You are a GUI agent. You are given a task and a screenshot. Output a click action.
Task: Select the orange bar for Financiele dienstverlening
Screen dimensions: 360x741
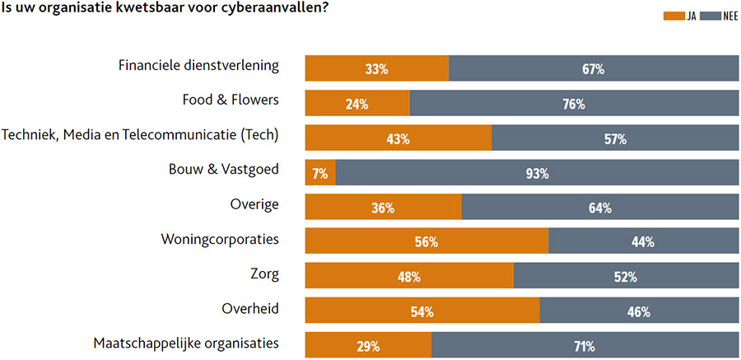pyautogui.click(x=376, y=69)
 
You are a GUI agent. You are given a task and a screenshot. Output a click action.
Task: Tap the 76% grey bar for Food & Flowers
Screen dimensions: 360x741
pyautogui.click(x=574, y=104)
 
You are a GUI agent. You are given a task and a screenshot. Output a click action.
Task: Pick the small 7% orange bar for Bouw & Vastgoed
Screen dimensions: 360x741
pyautogui.click(x=320, y=173)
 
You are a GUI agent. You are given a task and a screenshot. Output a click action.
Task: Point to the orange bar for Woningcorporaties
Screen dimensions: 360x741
pyautogui.click(x=426, y=241)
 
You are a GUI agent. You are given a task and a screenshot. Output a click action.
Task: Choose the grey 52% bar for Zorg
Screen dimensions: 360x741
pyautogui.click(x=626, y=277)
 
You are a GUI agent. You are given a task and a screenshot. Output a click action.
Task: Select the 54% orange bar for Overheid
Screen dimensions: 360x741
pyautogui.click(x=422, y=311)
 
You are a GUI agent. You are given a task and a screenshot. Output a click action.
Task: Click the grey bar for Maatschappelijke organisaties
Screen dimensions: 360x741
pyautogui.click(x=585, y=346)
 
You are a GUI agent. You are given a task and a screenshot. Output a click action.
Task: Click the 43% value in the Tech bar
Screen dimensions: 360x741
pyautogui.click(x=398, y=139)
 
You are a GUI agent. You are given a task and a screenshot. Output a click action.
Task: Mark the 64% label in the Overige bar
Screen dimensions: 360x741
pyautogui.click(x=599, y=208)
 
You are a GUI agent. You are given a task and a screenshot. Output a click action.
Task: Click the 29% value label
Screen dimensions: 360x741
pyautogui.click(x=367, y=346)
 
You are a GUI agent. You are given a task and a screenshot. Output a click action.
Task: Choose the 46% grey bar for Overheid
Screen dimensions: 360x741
pyautogui.click(x=639, y=311)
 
